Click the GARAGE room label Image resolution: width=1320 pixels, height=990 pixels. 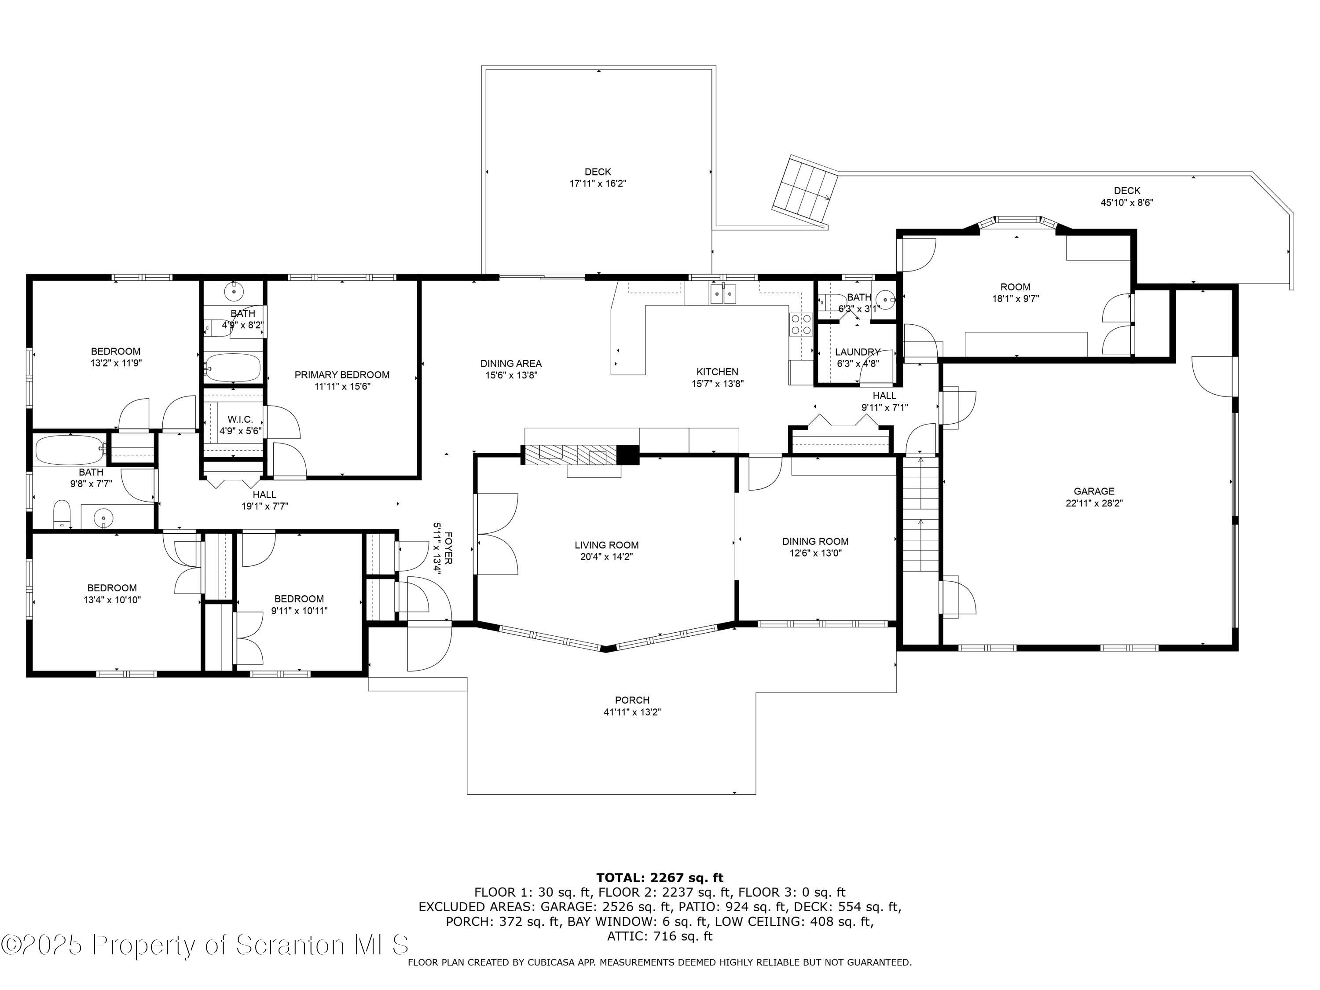click(1094, 491)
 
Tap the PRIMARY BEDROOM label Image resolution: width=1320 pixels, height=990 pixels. click(342, 375)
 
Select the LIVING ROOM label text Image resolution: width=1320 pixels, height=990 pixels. click(606, 545)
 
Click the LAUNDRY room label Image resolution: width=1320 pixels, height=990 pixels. click(858, 352)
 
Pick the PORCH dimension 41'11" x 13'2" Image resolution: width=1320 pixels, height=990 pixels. click(632, 712)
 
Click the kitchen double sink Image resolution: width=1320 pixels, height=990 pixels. click(722, 293)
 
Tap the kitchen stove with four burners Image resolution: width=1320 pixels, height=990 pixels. click(801, 324)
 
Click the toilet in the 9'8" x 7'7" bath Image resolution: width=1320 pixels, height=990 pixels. click(62, 514)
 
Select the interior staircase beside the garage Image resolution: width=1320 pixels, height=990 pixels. click(920, 513)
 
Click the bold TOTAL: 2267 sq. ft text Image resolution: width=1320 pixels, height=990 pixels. click(660, 878)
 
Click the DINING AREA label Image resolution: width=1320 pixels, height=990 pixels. click(511, 363)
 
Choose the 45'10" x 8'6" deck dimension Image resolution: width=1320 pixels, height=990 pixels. click(1127, 202)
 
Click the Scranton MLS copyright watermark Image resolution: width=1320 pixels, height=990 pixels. click(205, 945)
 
